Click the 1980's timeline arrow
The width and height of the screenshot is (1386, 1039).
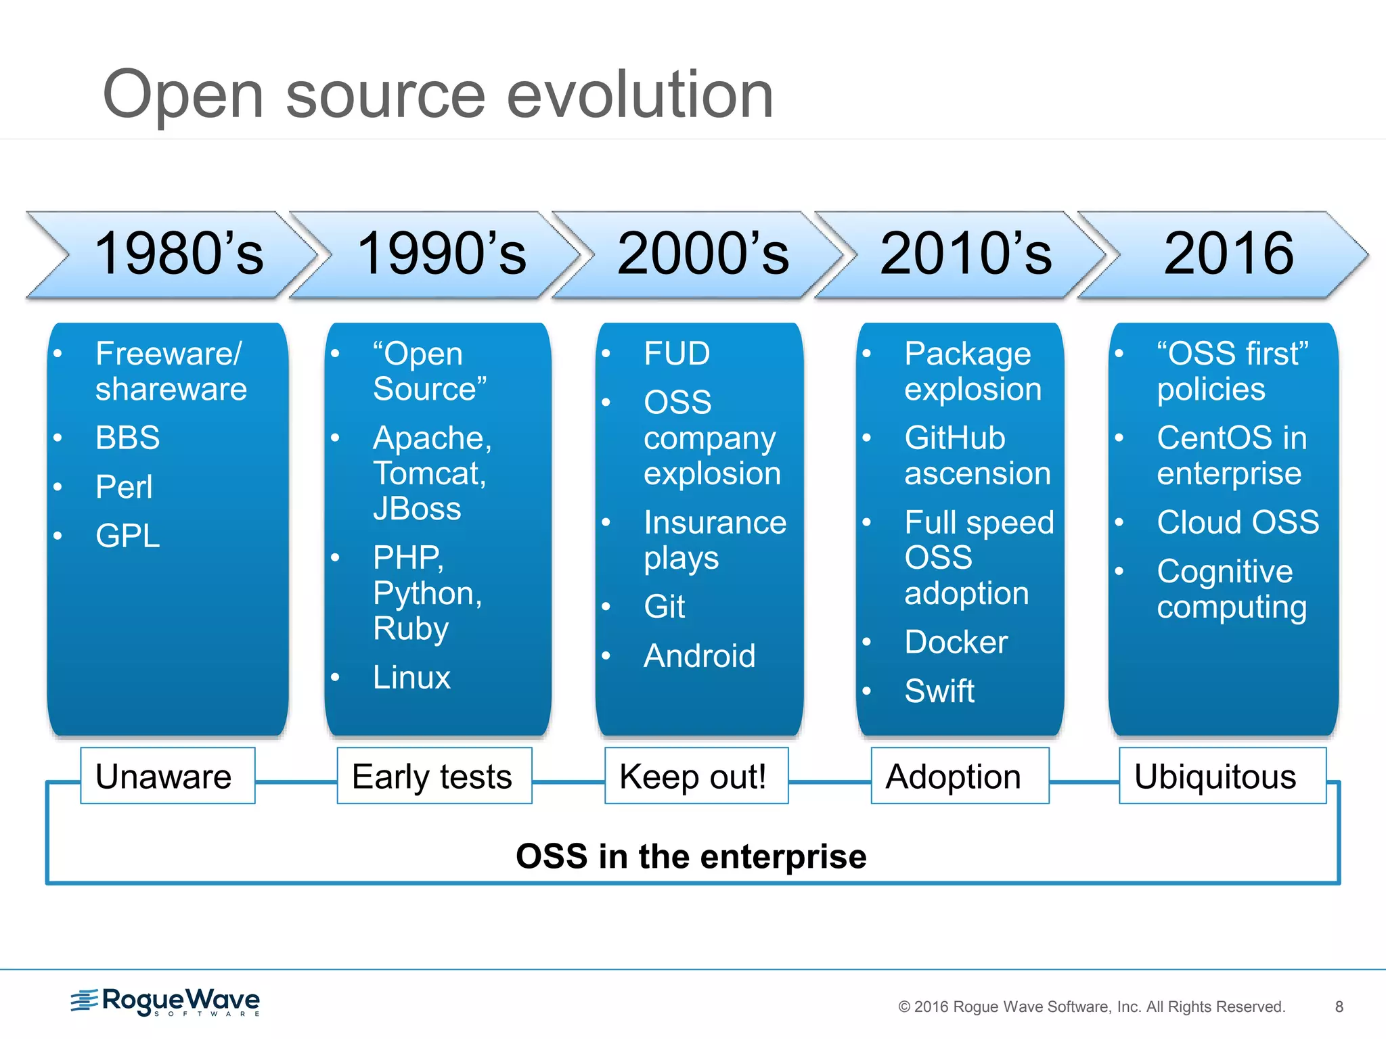[x=177, y=254]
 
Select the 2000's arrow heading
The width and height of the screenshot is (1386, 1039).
[x=702, y=254]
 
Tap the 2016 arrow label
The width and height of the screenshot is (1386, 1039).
[x=1228, y=254]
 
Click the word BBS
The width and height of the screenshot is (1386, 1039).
[x=127, y=438]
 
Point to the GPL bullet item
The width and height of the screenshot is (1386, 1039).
[x=127, y=536]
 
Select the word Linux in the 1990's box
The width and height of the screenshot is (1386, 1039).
[x=411, y=677]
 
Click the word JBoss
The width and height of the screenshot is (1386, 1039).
[x=417, y=509]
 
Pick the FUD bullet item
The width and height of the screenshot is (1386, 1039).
[x=676, y=354]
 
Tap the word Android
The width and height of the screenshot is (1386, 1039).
[x=699, y=655]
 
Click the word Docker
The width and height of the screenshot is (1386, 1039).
[x=956, y=642]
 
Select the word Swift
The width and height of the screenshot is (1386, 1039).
[x=939, y=691]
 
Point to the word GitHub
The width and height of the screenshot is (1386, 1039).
[x=954, y=438]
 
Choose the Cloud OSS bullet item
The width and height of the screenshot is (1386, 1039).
[x=1237, y=522]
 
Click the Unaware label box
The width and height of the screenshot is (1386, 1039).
[x=167, y=776]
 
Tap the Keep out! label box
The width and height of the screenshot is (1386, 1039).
[x=696, y=776]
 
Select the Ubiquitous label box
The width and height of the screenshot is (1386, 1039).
[x=1222, y=776]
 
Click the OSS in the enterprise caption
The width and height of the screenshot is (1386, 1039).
[x=691, y=856]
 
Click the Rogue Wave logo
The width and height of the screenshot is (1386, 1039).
[x=166, y=1001]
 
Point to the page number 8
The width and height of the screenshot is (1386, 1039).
[x=1339, y=1007]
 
